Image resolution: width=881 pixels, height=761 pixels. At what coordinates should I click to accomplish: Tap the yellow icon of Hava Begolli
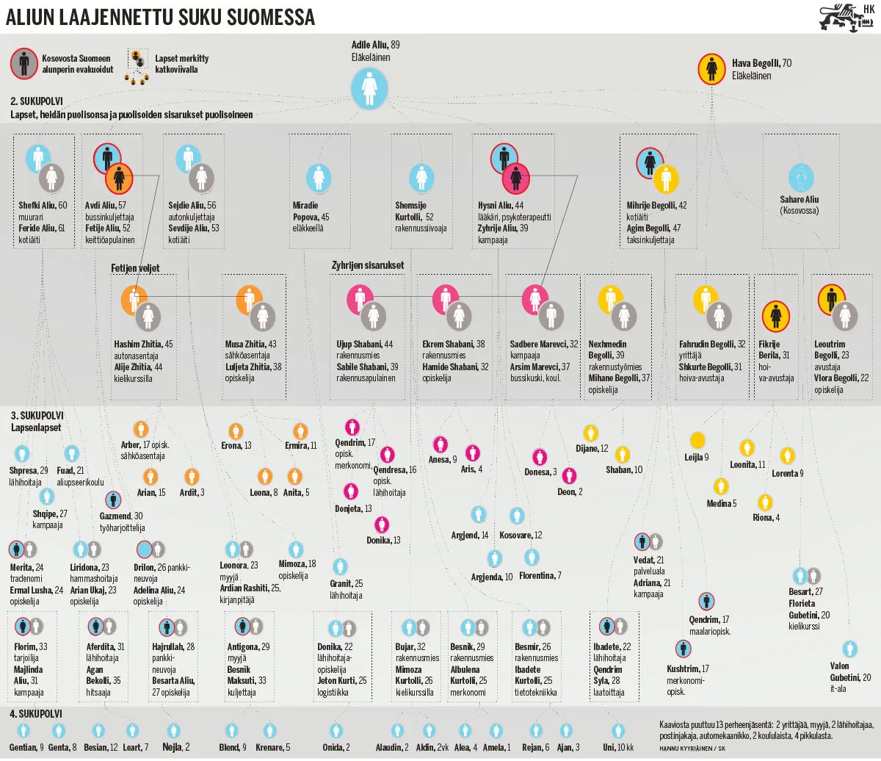711,69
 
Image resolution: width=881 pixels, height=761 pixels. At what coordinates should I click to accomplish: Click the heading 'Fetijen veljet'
135,267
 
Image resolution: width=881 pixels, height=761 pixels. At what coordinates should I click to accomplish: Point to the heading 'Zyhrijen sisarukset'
367,265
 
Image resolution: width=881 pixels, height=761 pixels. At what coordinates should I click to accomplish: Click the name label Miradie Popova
311,211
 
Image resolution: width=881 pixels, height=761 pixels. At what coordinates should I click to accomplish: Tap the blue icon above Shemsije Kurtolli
421,178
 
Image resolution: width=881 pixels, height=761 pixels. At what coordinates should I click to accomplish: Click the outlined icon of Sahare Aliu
800,178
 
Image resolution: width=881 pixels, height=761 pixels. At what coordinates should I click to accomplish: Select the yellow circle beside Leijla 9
697,439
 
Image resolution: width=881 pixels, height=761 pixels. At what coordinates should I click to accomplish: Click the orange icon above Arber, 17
140,430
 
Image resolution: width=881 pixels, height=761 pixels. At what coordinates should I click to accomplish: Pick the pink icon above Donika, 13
381,524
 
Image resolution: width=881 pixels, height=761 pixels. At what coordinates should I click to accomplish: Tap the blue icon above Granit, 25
339,566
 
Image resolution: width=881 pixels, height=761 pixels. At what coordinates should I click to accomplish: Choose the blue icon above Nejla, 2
173,731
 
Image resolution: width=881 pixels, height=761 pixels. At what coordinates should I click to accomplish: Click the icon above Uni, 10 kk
618,731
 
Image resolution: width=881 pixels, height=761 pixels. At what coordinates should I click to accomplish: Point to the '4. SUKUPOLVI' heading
36,714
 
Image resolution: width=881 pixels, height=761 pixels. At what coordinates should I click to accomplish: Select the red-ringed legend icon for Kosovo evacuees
24,64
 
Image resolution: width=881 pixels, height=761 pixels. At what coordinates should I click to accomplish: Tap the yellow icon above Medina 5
721,486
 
